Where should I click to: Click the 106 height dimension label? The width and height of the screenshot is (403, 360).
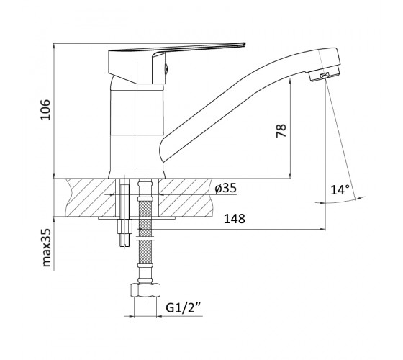(x=46, y=109)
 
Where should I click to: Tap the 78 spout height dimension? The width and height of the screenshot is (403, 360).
(x=281, y=130)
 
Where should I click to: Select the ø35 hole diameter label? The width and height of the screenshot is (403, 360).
(x=225, y=189)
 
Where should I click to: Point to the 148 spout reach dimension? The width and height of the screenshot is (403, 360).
(x=235, y=219)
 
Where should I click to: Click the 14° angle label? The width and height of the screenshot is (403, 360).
(x=340, y=190)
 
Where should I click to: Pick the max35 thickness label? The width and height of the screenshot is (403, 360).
(x=46, y=248)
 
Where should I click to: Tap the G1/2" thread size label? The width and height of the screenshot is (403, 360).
(x=184, y=307)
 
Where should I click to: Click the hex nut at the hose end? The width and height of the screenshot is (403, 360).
(x=145, y=290)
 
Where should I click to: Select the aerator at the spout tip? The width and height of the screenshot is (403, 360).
(x=325, y=76)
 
